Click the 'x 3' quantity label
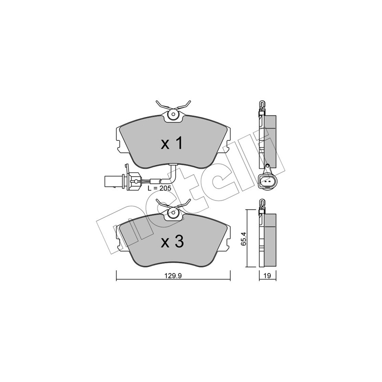(x=172, y=242)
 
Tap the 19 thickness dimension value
(x=267, y=276)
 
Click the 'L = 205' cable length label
(x=159, y=188)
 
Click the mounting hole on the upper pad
(x=173, y=114)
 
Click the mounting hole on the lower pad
(x=173, y=212)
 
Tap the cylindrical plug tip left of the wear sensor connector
(x=111, y=181)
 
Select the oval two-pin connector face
(x=266, y=181)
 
